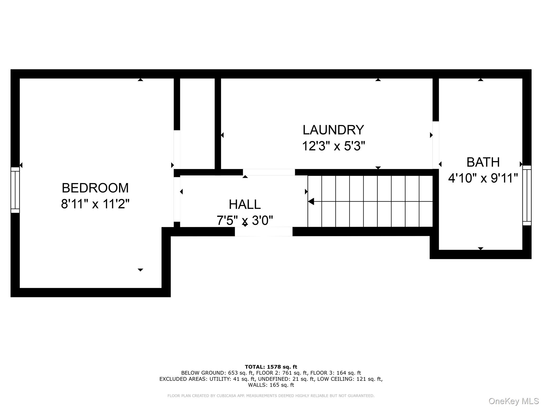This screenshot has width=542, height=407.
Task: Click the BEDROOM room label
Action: tap(95, 188)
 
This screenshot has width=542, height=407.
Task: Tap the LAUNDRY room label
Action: tap(333, 130)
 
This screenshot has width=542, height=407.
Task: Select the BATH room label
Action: tap(483, 162)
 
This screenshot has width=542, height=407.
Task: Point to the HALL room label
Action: tap(245, 204)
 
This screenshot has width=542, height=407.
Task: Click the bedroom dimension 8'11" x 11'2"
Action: tap(95, 204)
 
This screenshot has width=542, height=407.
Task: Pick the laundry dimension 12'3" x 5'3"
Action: tap(333, 146)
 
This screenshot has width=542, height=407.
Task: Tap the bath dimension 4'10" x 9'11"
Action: tap(483, 178)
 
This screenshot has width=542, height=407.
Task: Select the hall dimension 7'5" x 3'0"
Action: tap(245, 220)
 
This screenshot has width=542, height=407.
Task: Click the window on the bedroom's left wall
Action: tap(15, 190)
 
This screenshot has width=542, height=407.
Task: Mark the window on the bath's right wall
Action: tap(527, 196)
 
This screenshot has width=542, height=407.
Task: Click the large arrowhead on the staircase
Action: tap(311, 201)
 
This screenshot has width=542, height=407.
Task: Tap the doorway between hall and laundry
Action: tap(269, 172)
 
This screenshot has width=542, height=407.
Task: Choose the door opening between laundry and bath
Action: tap(436, 145)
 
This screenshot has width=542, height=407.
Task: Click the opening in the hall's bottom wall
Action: tap(264, 232)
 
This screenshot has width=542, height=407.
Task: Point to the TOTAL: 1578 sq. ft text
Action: tap(271, 367)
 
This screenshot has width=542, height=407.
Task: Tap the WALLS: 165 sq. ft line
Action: tap(271, 385)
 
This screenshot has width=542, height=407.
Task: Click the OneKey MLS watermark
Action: tap(514, 401)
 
